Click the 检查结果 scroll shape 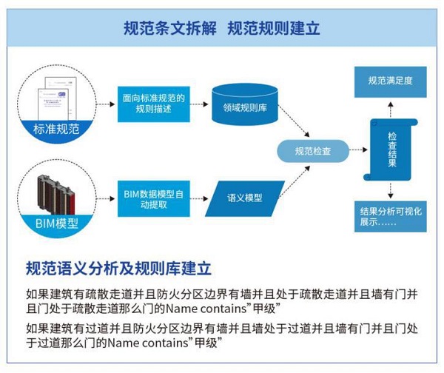pos(391,150)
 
